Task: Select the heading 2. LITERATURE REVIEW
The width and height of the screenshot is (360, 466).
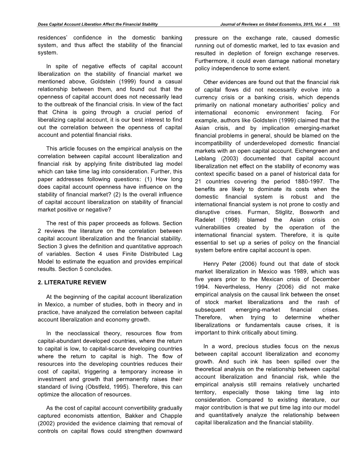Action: [72, 283]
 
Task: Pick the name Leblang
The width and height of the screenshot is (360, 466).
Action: [206, 158]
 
